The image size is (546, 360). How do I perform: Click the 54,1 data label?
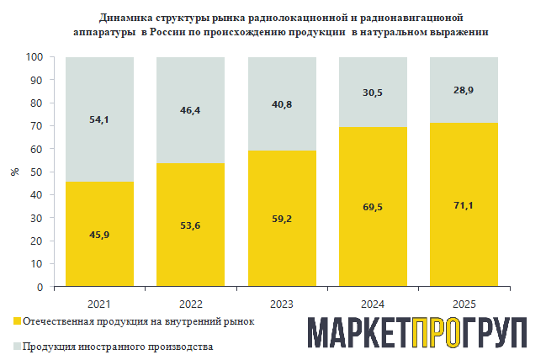click(99, 119)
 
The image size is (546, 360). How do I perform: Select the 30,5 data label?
click(372, 93)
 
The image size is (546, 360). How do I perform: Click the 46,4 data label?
click(190, 111)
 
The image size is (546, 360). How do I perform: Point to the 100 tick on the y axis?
click(34, 57)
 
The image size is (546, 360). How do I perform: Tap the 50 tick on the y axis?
click(37, 172)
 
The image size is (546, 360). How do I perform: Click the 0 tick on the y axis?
click(40, 287)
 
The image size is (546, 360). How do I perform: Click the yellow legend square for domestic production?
click(17, 321)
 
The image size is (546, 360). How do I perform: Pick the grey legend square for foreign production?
click(17, 346)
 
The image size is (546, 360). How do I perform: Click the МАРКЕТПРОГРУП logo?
click(416, 334)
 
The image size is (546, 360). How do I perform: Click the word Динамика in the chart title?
click(125, 17)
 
